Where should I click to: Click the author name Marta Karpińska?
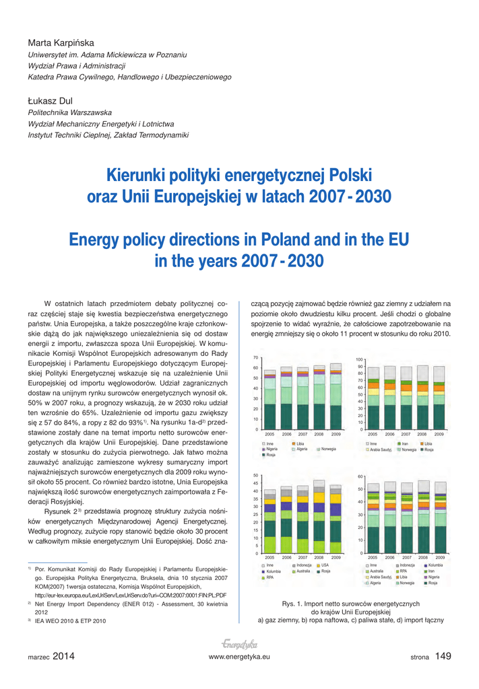61,42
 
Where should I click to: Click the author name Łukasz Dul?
50,101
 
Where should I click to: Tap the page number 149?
443,657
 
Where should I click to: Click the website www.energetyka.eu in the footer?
239,657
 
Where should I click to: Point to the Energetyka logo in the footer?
239,643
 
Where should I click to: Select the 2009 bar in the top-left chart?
336,396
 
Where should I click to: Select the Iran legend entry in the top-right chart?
405,444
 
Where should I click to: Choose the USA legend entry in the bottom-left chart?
325,565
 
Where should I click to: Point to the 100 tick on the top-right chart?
360,359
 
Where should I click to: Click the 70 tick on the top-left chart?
256,357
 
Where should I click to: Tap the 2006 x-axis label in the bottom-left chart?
286,558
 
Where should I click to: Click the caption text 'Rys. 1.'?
293,604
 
